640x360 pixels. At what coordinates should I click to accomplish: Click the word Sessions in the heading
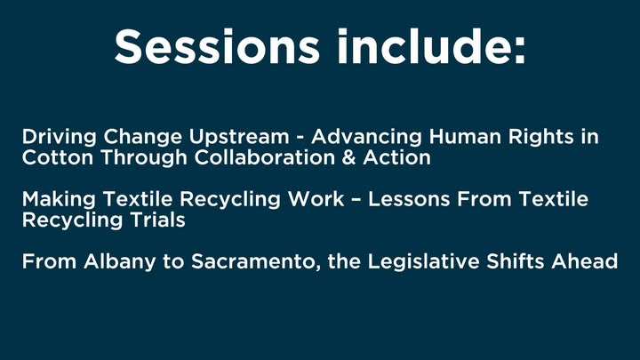pyautogui.click(x=216, y=46)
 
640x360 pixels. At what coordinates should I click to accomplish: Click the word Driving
pyautogui.click(x=60, y=138)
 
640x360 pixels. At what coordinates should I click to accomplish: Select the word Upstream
pyautogui.click(x=238, y=138)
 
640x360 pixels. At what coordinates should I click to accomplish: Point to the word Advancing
pyautogui.click(x=366, y=138)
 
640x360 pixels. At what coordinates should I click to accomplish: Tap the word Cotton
pyautogui.click(x=58, y=157)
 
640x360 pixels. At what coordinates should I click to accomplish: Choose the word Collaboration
pyautogui.click(x=265, y=157)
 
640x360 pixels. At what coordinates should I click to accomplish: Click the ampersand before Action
pyautogui.click(x=349, y=157)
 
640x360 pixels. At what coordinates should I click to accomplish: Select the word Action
pyautogui.click(x=396, y=157)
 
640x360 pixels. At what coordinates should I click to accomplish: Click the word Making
pyautogui.click(x=60, y=200)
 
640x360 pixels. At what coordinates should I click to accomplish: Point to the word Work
pyautogui.click(x=316, y=199)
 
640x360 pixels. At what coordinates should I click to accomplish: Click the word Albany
pyautogui.click(x=120, y=262)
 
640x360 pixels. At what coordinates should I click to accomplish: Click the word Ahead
pyautogui.click(x=585, y=261)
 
